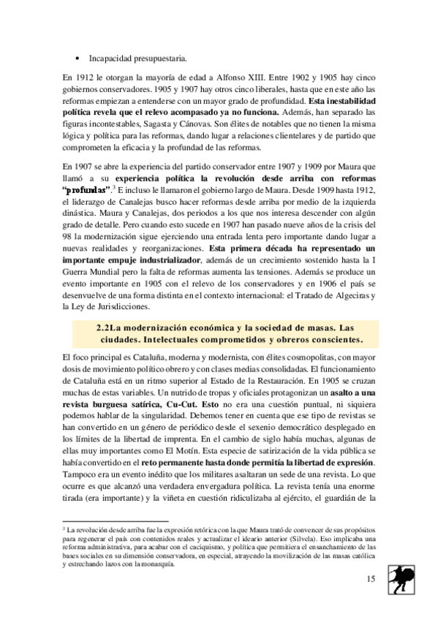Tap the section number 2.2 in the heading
click(x=105, y=328)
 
